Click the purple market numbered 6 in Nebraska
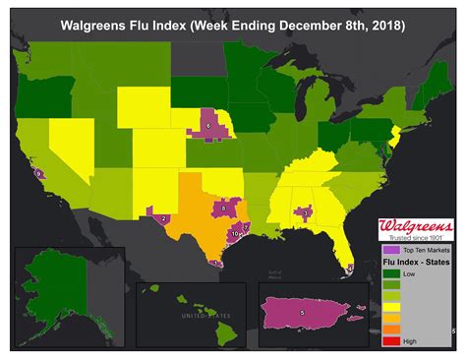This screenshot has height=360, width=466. pyautogui.click(x=208, y=125)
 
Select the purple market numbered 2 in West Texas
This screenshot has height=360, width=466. pyautogui.click(x=162, y=217)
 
